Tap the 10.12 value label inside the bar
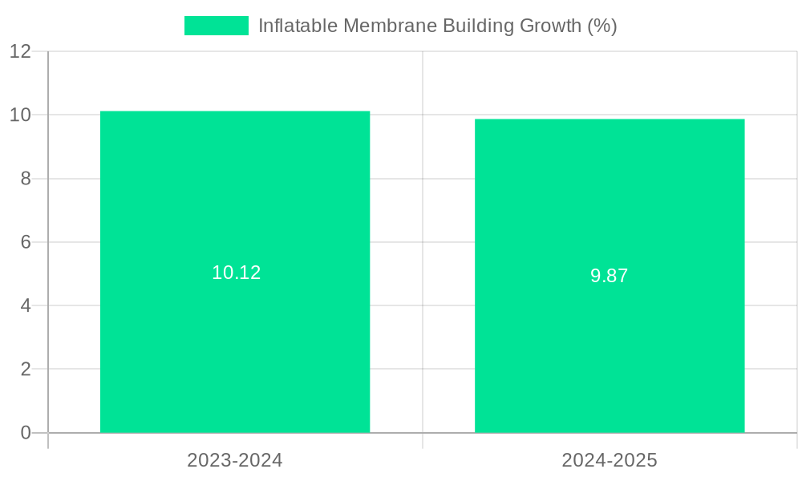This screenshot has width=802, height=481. (237, 273)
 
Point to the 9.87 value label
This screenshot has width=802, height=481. (610, 276)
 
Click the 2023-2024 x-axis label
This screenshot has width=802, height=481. (235, 460)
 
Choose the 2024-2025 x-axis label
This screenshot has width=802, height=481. (610, 460)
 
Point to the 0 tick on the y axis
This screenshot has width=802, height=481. (26, 433)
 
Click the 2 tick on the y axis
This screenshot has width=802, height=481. (26, 370)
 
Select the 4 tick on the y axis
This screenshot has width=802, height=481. (26, 305)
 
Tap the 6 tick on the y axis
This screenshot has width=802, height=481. (26, 242)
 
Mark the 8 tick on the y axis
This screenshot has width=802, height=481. (26, 179)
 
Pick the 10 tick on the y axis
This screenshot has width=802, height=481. (21, 115)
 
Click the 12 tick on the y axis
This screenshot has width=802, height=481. (21, 51)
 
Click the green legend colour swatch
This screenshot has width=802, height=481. (217, 26)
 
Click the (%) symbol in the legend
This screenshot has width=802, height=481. (602, 26)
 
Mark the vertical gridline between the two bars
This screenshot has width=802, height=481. (423, 80)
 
